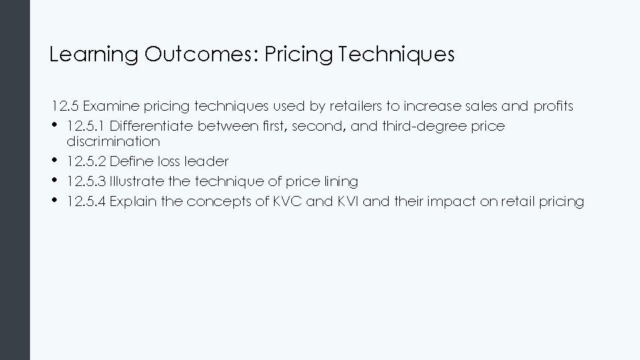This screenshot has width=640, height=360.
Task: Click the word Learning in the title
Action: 94,55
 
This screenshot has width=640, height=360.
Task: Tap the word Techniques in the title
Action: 397,55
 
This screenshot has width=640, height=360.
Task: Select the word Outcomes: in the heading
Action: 201,55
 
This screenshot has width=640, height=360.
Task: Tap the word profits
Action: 553,106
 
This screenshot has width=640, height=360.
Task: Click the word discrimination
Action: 113,141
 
